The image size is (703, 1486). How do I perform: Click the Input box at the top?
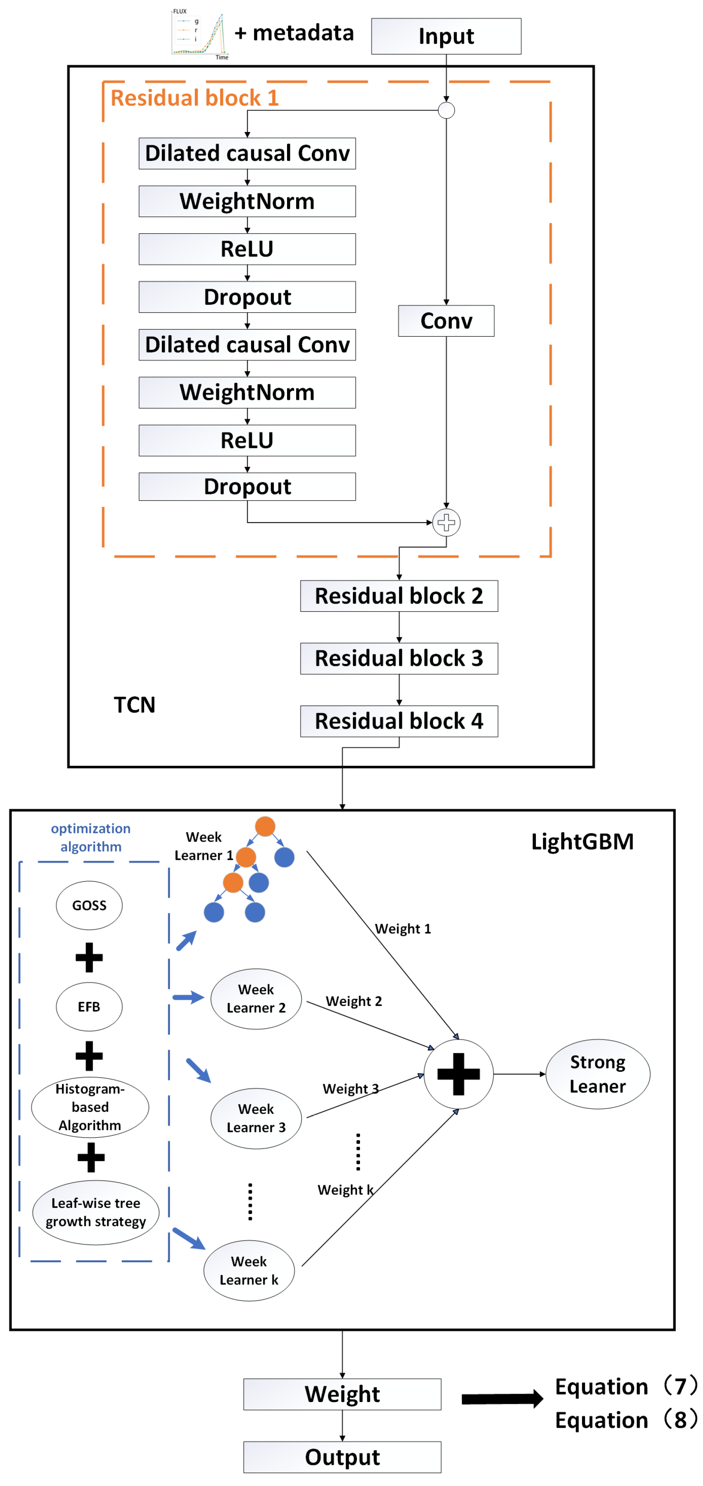pos(446,36)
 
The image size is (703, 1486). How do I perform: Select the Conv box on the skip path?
pos(446,321)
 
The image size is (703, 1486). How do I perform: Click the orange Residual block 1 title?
pos(194,98)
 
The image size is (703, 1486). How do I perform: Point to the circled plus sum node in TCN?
pos(446,523)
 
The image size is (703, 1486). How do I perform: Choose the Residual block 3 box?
pos(399,658)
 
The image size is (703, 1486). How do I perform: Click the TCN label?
pos(134,704)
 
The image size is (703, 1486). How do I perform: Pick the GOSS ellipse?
pos(89,905)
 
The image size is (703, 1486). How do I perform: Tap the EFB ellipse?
pos(89,1007)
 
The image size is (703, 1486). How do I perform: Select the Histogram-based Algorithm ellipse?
pos(90,1107)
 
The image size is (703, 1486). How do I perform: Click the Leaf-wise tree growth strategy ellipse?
pos(96,1212)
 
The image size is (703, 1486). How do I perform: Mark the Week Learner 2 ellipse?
pos(256,999)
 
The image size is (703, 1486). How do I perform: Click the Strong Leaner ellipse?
pos(597,1074)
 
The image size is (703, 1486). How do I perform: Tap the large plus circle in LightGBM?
pos(458,1074)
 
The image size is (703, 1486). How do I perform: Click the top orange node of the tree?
pos(265,826)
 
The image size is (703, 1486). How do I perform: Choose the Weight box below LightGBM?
pos(342,1394)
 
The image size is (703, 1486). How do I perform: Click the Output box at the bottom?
pos(342,1457)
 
